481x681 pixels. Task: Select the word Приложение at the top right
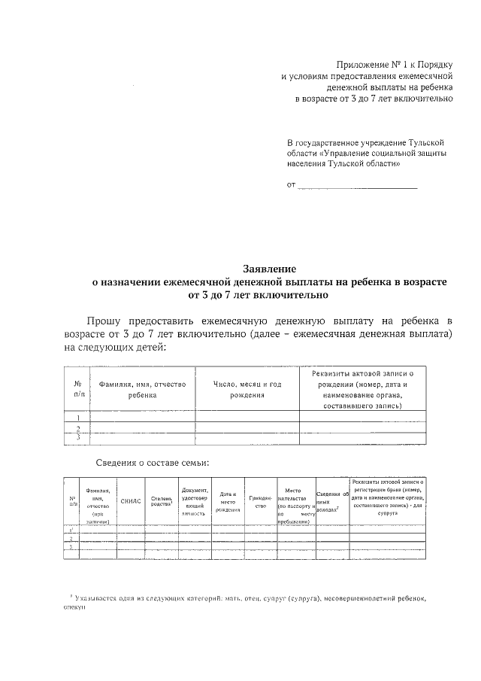click(363, 65)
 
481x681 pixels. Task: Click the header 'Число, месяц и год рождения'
click(247, 389)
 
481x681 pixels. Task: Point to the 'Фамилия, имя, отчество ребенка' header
click(142, 389)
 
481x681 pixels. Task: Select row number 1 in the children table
click(77, 416)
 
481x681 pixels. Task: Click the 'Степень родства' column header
click(162, 500)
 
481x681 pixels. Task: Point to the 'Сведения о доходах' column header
click(332, 501)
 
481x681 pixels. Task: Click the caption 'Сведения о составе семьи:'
click(153, 462)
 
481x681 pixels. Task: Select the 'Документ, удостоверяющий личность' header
click(195, 501)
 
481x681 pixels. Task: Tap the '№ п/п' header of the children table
click(77, 389)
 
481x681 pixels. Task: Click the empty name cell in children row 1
click(142, 416)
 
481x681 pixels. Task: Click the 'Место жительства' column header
click(295, 501)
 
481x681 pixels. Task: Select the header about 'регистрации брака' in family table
click(388, 495)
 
